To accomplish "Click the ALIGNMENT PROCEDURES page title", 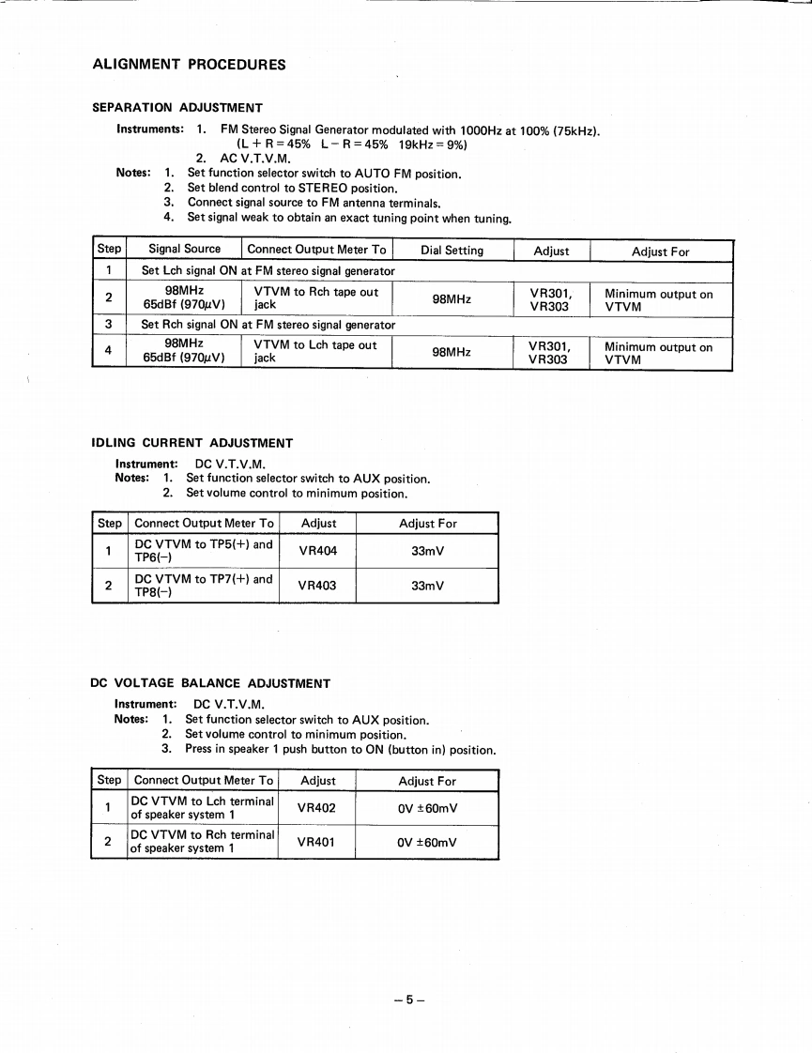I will point(189,65).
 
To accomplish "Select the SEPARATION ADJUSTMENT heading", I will point(176,108).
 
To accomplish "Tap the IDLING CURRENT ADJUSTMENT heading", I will point(192,443).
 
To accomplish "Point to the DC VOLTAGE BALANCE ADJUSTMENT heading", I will point(210,683).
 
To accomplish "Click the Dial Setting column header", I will point(452,250).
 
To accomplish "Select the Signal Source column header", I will point(184,249).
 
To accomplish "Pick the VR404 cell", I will point(316,551).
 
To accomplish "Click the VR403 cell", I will point(316,586).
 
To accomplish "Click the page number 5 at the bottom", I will point(409,999).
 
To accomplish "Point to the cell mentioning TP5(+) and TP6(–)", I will point(203,551).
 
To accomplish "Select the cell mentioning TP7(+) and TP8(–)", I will point(203,586).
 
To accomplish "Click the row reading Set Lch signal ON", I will point(268,271).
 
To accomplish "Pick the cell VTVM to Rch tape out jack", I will point(315,298).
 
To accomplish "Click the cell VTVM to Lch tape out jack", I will point(315,351).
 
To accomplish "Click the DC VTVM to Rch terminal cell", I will point(202,842).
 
